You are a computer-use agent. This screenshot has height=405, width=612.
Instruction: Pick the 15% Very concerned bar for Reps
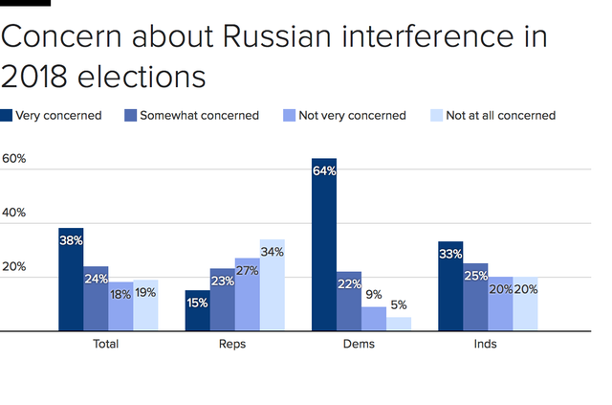(197, 310)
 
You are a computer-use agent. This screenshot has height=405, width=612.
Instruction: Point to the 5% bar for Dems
(399, 325)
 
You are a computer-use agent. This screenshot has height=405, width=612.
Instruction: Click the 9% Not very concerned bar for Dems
(374, 319)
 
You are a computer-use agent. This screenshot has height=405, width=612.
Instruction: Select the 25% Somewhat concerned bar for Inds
(476, 297)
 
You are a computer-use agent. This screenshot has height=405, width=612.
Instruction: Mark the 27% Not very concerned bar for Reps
(247, 295)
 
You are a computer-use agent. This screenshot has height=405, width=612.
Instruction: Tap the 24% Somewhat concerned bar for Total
(96, 299)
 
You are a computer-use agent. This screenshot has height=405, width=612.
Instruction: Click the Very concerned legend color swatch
(7, 116)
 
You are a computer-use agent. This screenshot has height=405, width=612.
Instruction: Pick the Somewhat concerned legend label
(199, 116)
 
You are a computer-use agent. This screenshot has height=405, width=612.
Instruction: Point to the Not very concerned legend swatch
(288, 116)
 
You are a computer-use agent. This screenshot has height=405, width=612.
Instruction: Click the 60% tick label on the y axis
(13, 159)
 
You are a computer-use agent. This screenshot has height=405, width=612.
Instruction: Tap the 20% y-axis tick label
(13, 267)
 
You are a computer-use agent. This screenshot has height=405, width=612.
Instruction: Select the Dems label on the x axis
(361, 344)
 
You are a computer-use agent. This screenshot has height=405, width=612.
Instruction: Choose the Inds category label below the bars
(488, 344)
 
